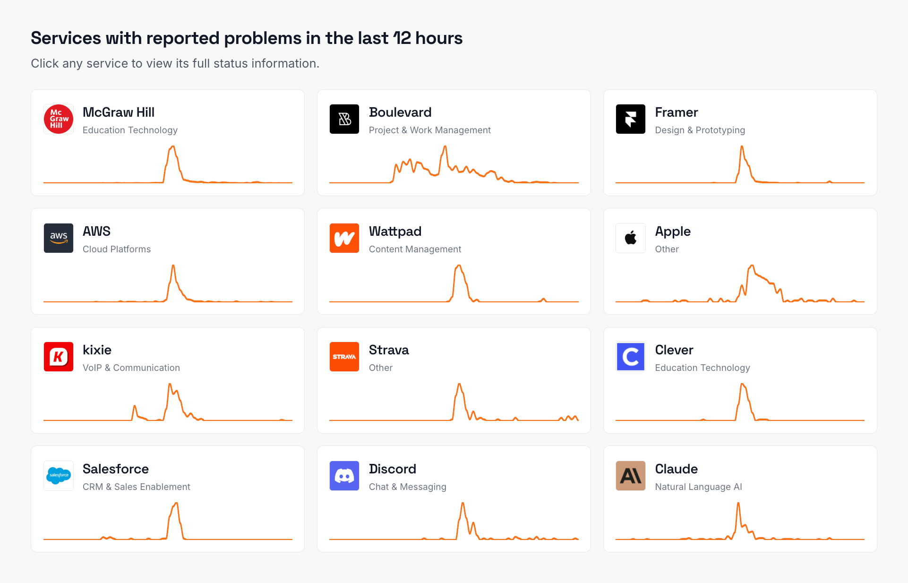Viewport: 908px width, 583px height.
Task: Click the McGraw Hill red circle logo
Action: (x=59, y=119)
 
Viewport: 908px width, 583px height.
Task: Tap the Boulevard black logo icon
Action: (x=344, y=119)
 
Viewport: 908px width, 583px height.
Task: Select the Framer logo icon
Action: (x=630, y=119)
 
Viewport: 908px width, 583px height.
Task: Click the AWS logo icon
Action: (x=59, y=238)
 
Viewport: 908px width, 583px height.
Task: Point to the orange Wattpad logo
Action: (x=344, y=238)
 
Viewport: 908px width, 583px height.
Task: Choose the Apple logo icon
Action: (x=630, y=238)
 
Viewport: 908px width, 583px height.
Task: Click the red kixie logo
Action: (x=59, y=357)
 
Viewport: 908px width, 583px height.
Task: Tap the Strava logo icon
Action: (x=344, y=357)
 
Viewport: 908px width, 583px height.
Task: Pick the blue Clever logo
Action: (x=630, y=357)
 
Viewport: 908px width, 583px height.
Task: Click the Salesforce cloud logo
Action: (x=59, y=476)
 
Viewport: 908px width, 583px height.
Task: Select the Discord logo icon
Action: (x=344, y=476)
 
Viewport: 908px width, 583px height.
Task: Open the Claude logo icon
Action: (x=630, y=476)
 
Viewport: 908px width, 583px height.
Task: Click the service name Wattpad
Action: (x=395, y=231)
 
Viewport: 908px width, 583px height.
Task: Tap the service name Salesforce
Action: (x=115, y=469)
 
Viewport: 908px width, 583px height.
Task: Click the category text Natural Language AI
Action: (x=698, y=487)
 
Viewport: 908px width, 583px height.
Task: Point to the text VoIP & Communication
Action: (x=131, y=368)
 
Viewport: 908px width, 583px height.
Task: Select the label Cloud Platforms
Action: (x=116, y=249)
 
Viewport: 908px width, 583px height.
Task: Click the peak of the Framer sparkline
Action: (x=742, y=147)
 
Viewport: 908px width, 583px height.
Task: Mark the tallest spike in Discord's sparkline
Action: (x=463, y=504)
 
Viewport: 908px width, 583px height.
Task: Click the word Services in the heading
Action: (x=66, y=38)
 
